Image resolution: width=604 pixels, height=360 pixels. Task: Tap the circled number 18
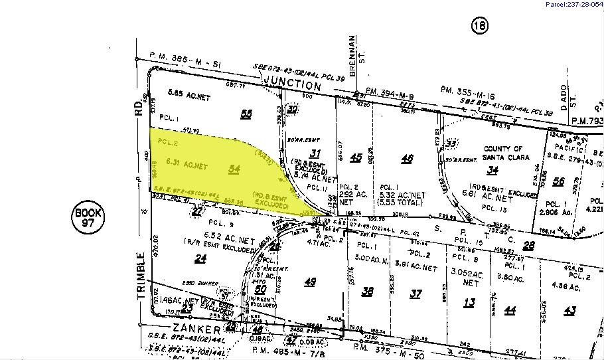click(479, 26)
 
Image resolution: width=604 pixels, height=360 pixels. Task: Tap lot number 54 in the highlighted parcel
click(234, 170)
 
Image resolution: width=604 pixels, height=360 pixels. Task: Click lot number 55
click(246, 114)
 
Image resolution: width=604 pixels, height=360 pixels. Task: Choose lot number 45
click(356, 157)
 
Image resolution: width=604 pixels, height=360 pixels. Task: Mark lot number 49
click(309, 282)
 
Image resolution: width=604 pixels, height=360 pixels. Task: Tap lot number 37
click(415, 294)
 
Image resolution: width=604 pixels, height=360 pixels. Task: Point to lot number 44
click(510, 310)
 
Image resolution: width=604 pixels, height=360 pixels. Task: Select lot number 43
click(569, 310)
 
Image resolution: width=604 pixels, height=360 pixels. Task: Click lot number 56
click(559, 181)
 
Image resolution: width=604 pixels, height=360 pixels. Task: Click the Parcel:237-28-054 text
click(573, 5)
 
